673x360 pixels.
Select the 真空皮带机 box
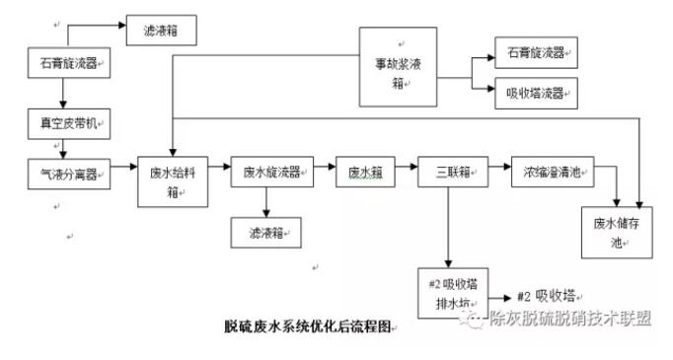pyautogui.click(x=66, y=124)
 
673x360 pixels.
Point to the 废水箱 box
pyautogui.click(x=364, y=173)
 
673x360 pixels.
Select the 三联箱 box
pyautogui.click(x=449, y=173)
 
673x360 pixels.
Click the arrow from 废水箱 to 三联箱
pyautogui.click(x=405, y=173)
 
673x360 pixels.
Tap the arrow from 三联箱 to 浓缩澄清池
pyautogui.click(x=495, y=173)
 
